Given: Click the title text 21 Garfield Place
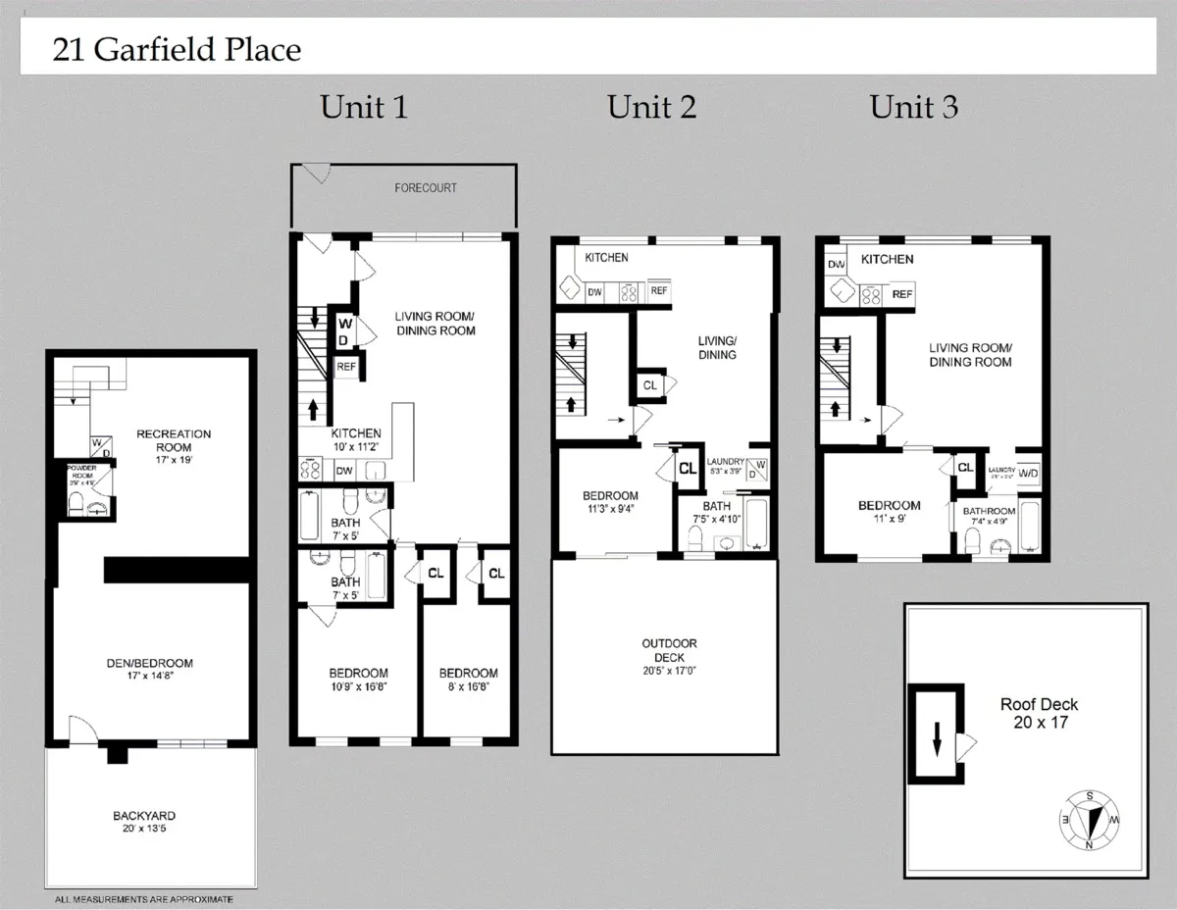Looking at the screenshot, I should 177,49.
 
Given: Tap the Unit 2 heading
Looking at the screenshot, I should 651,107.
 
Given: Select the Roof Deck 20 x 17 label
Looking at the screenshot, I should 1039,713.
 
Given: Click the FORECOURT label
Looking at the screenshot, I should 426,187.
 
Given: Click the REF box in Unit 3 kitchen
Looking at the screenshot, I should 902,294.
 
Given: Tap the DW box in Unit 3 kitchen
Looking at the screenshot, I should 837,265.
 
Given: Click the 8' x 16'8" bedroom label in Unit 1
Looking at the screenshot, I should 468,680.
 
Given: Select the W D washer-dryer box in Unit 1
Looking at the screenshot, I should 345,330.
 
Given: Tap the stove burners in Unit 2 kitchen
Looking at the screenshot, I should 627,291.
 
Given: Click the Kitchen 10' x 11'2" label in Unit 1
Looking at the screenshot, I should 356,439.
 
